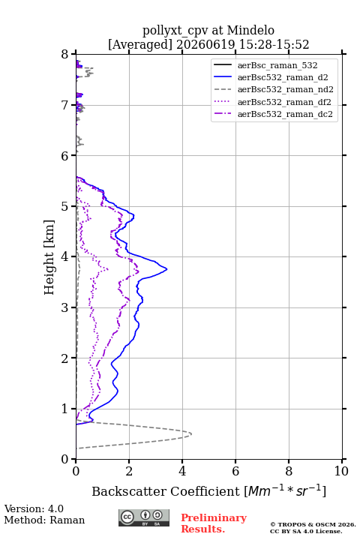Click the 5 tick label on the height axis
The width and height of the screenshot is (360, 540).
click(x=65, y=206)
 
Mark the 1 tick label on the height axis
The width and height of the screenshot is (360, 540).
click(x=65, y=409)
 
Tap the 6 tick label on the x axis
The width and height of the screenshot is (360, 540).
click(x=235, y=471)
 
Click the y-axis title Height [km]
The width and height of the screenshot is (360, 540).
click(x=49, y=257)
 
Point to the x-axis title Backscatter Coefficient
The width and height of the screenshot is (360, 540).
click(x=166, y=491)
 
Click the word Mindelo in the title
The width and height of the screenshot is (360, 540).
click(x=250, y=30)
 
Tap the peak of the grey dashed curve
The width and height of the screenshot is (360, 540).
click(x=191, y=434)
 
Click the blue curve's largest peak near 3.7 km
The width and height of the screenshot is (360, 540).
click(x=166, y=269)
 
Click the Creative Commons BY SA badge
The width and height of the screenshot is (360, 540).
click(x=144, y=518)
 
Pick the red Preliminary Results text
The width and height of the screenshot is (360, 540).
click(x=214, y=523)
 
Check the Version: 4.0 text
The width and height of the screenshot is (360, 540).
click(x=34, y=508)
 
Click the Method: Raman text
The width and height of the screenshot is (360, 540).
click(x=44, y=520)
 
